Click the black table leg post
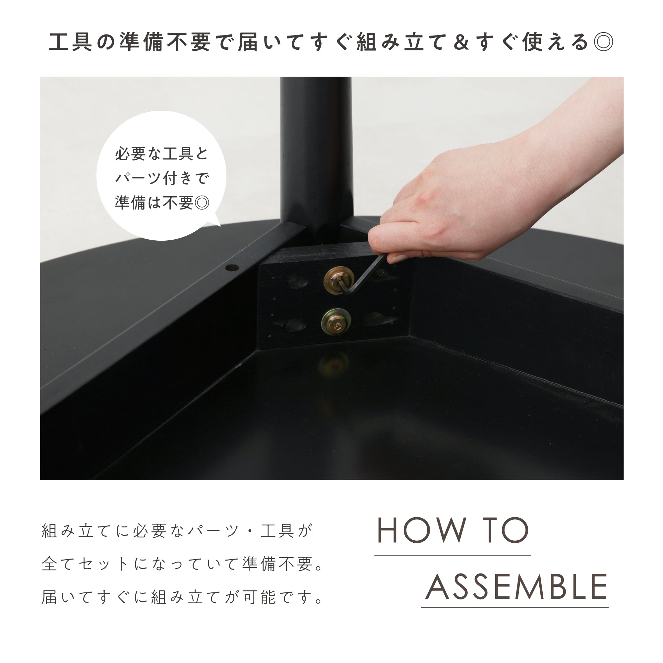click(316, 158)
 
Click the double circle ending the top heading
click(603, 42)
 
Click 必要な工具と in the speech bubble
click(162, 154)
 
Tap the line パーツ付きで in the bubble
click(162, 178)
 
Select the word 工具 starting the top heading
click(70, 42)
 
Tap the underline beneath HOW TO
click(452, 555)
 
